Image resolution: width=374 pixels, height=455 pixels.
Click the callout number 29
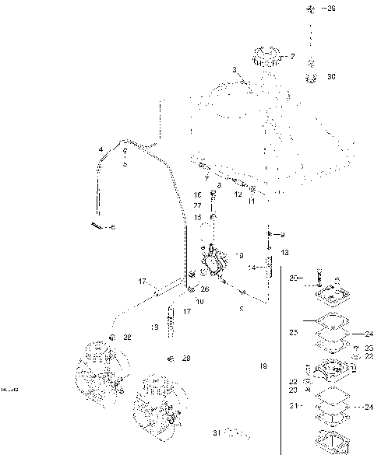(332, 9)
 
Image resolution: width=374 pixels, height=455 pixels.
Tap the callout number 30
(332, 76)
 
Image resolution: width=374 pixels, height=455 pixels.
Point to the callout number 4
(101, 148)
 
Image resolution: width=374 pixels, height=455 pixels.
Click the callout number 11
(251, 201)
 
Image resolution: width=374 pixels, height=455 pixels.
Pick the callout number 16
(198, 194)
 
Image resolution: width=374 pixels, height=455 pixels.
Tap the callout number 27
(198, 205)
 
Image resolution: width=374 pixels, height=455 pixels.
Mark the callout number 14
(252, 267)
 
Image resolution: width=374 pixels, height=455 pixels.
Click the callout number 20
(294, 277)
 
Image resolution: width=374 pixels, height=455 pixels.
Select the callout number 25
(294, 332)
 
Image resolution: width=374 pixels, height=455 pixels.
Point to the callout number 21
(294, 405)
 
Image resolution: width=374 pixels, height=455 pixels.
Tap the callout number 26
(204, 289)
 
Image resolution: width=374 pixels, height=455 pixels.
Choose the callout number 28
(186, 359)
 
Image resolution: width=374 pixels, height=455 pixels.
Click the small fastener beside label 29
(310, 9)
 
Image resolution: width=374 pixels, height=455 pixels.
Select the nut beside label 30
(312, 76)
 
